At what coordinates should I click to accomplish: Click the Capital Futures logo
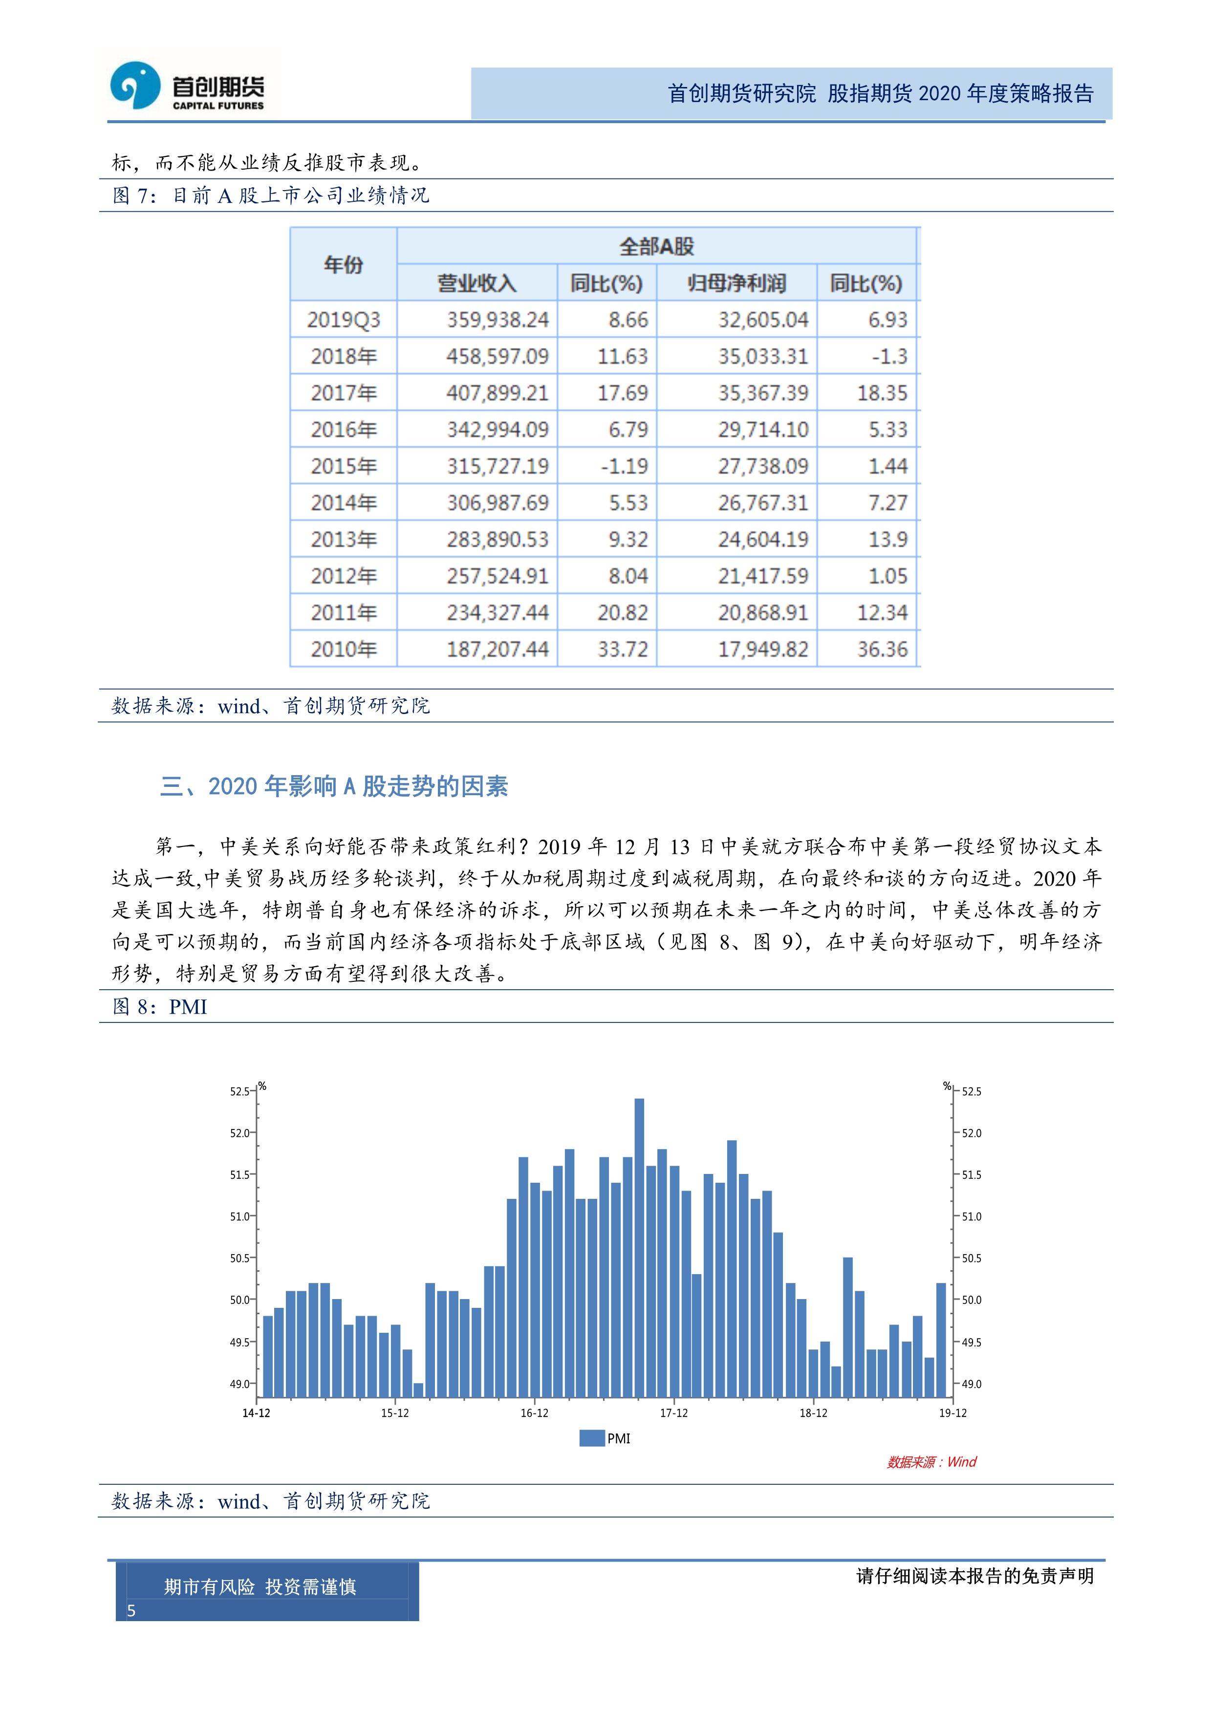[x=187, y=87]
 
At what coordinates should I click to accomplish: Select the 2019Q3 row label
[x=343, y=320]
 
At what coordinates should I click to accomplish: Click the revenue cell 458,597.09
[x=497, y=357]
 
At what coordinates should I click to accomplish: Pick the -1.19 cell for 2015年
[x=624, y=467]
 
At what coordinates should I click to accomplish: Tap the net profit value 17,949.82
[x=763, y=650]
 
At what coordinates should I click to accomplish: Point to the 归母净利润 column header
[x=736, y=283]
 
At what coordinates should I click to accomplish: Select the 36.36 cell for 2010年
[x=881, y=650]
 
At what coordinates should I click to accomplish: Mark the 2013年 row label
[x=343, y=540]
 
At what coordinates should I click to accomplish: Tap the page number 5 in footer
[x=131, y=1611]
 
